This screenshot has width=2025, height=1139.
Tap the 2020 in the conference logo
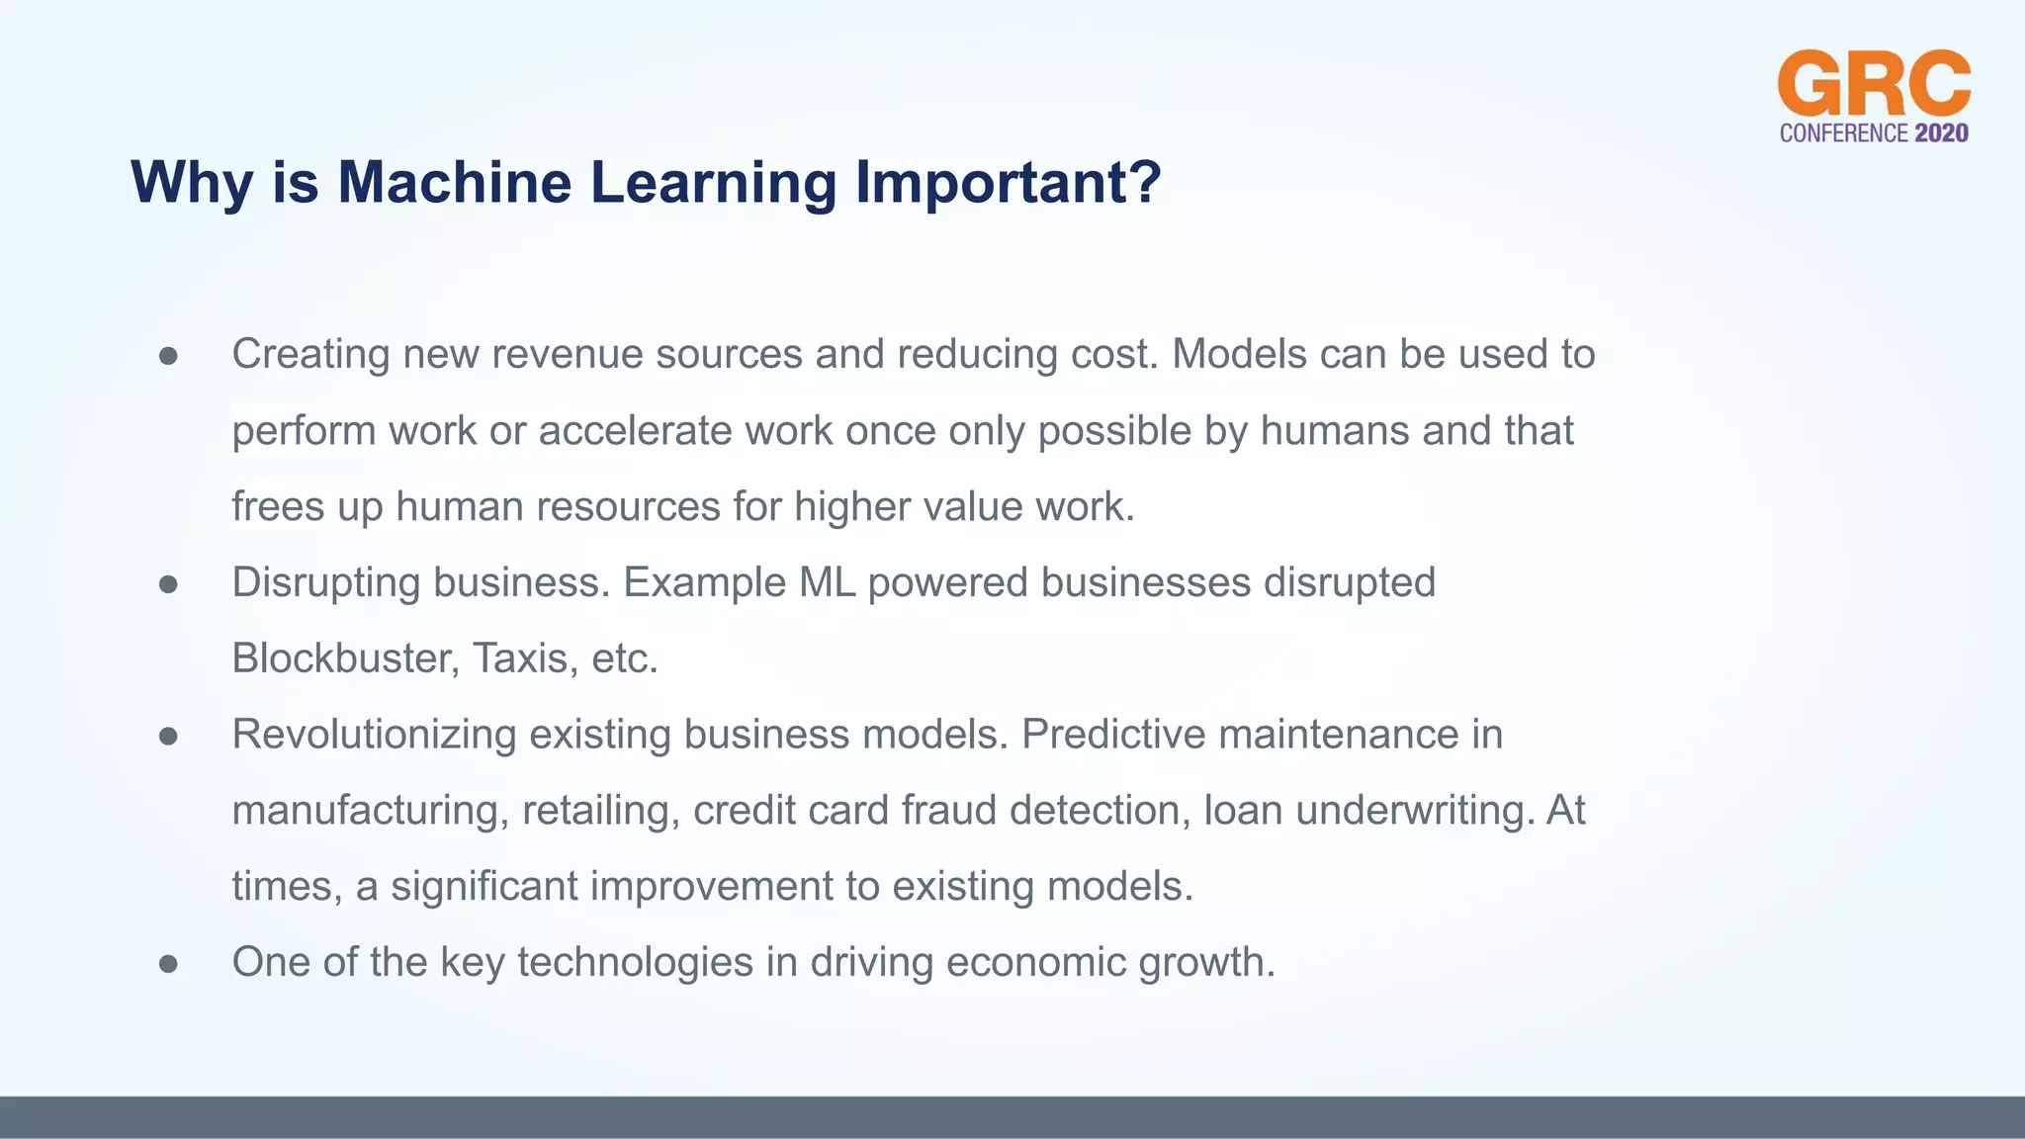click(1941, 133)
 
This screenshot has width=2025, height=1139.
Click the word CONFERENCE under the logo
click(1843, 133)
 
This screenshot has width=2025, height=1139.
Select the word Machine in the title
click(454, 183)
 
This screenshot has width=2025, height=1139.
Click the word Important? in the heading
click(1008, 183)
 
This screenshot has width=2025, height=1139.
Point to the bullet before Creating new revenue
click(168, 356)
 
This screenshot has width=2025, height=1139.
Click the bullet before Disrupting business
click(168, 584)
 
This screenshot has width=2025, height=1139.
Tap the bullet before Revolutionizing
click(168, 737)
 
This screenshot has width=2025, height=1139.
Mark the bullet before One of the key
click(168, 964)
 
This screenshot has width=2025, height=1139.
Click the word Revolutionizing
click(374, 735)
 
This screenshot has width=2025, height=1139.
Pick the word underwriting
click(1415, 811)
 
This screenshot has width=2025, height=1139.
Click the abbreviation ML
click(827, 582)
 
